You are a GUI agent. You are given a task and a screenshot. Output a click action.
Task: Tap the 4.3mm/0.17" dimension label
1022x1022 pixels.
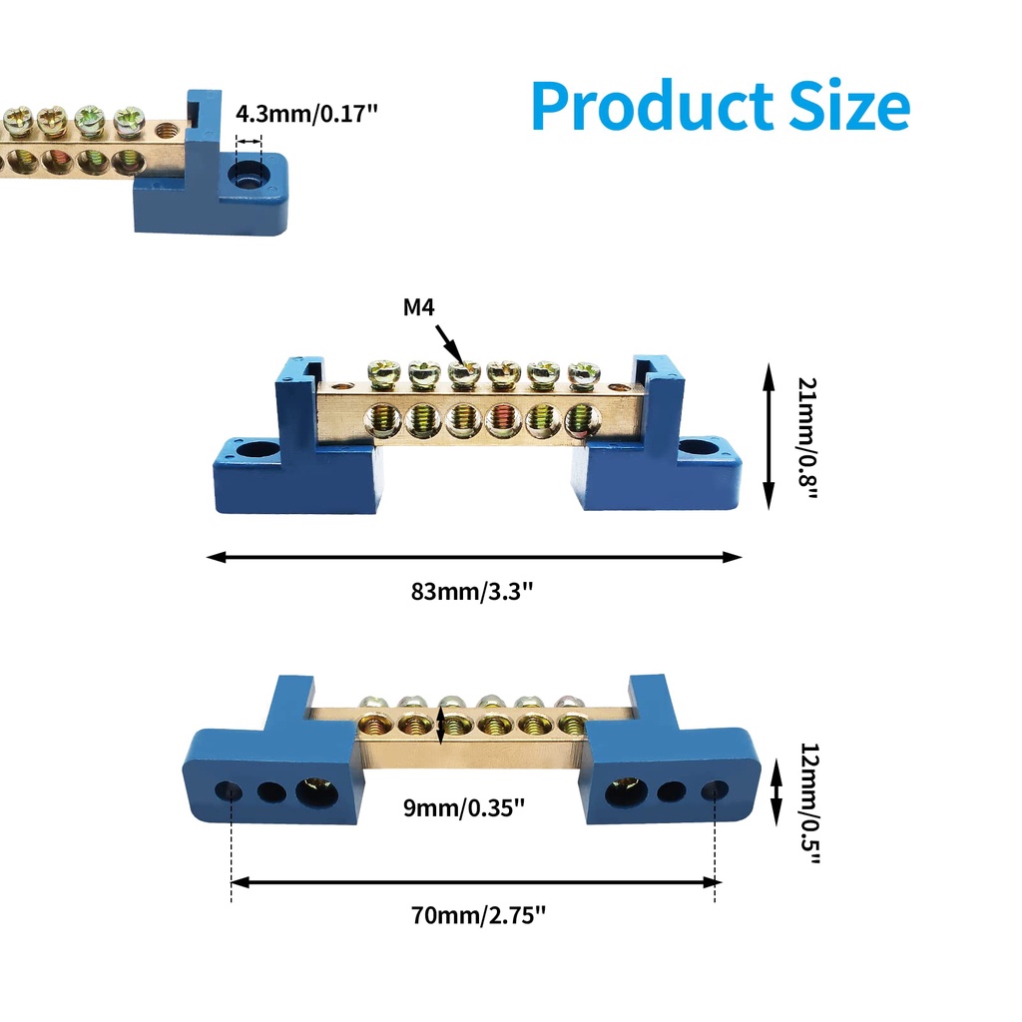tap(307, 113)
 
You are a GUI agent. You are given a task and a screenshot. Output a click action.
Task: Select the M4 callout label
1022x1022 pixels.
tap(419, 307)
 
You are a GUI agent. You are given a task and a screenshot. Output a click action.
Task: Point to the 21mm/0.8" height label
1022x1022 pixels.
tap(807, 436)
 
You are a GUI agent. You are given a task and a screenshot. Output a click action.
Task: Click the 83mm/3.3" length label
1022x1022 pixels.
tap(473, 591)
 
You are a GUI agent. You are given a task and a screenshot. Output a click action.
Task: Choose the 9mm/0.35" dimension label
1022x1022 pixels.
tap(464, 807)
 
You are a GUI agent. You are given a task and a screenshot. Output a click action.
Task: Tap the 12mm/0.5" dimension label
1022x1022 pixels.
tap(809, 804)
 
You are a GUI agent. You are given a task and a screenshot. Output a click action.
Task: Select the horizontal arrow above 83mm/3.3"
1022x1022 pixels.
tap(474, 557)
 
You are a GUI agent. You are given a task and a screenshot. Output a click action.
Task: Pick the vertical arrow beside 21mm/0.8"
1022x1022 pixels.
tap(768, 436)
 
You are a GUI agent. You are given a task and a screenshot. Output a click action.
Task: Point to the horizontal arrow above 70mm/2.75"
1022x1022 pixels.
tap(475, 882)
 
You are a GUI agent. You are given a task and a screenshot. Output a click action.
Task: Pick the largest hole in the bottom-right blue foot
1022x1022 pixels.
tap(628, 790)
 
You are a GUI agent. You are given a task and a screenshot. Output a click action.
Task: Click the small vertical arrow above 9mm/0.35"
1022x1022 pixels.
tap(441, 724)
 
